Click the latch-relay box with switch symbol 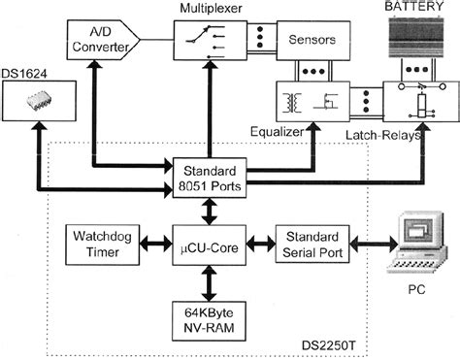[x=415, y=102]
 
